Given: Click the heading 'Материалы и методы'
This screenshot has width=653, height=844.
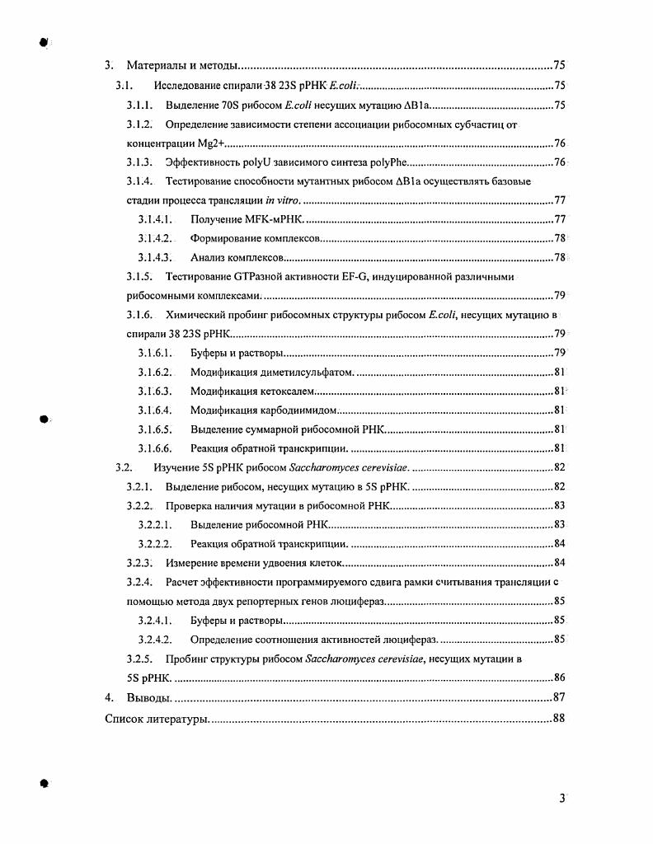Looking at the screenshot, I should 181,65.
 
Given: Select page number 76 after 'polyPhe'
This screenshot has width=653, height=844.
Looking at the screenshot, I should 558,162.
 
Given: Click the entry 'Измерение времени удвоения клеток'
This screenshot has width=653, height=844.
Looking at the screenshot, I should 253,563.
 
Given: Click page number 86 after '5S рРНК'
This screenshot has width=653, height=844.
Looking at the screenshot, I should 558,678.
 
